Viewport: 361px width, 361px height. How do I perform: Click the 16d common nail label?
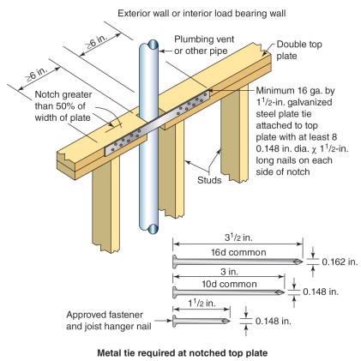(238, 252)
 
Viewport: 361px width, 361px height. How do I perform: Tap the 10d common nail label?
(229, 284)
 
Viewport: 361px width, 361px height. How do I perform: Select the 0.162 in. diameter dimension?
(340, 262)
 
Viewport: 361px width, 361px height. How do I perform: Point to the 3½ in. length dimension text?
(238, 238)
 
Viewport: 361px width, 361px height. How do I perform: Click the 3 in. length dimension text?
(230, 272)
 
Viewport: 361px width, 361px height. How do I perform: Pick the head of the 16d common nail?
(174, 262)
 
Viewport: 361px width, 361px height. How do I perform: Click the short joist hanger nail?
(202, 321)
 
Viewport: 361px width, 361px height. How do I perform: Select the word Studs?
(209, 180)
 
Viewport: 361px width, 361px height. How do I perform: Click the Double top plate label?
(299, 50)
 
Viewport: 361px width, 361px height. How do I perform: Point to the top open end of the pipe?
(153, 45)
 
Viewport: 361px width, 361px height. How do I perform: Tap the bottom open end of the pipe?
(153, 229)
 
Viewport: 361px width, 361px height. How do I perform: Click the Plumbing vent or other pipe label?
(204, 45)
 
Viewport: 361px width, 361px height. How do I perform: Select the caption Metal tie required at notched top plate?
(183, 352)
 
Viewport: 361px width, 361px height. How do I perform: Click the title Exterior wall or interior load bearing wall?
(202, 13)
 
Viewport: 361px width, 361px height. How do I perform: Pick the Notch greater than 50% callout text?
(63, 106)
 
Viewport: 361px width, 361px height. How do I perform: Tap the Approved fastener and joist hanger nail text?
(109, 321)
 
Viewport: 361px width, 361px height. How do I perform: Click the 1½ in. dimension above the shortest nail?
(202, 304)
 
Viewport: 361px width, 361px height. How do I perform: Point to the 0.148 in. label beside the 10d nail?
(321, 292)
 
